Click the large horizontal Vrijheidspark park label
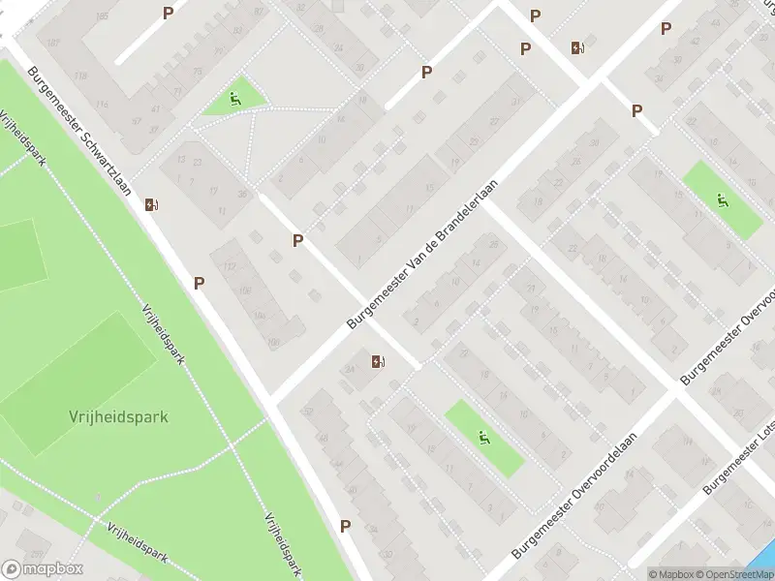coord(118,417)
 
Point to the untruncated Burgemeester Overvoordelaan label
coord(573,496)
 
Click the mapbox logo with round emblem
coord(41,569)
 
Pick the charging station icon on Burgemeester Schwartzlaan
coord(152,204)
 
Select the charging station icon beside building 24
coord(378,362)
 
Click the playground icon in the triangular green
coord(235,98)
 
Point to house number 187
coord(53,44)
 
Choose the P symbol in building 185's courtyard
coord(169,13)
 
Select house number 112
coord(230,267)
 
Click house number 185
coord(102,15)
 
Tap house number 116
coord(103,106)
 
